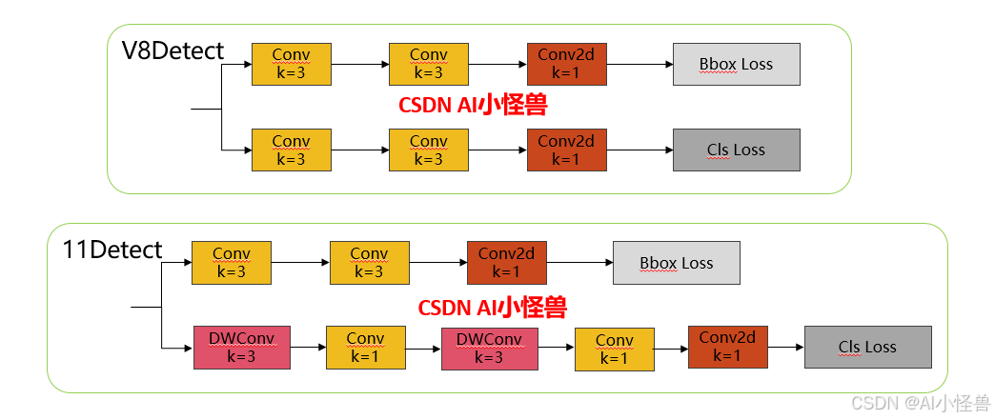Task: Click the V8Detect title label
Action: (173, 50)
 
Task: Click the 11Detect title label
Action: (112, 250)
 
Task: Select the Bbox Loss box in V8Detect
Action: (736, 64)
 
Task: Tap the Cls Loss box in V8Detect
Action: (736, 150)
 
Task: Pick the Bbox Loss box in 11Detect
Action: (676, 263)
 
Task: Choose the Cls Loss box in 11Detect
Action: (867, 347)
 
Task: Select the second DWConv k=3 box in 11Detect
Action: (489, 348)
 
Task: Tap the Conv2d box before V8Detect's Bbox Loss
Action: (566, 64)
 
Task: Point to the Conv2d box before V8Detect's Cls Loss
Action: (566, 150)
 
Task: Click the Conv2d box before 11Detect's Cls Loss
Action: (727, 347)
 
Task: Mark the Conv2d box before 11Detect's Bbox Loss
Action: (506, 263)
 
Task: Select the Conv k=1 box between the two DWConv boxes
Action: (365, 348)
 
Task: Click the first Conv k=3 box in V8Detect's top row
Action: (291, 64)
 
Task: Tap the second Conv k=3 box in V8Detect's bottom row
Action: (428, 150)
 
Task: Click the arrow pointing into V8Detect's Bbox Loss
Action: (639, 65)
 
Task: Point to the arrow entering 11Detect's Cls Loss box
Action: (785, 348)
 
